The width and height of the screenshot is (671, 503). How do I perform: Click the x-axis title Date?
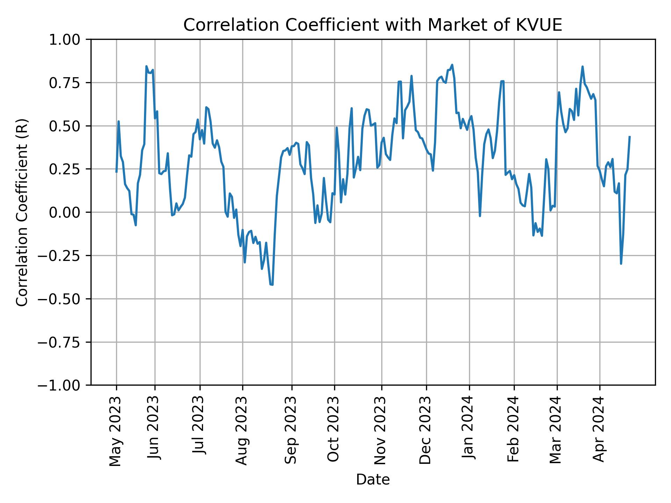(373, 480)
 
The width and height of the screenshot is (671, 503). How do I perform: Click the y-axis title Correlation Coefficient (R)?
(22, 212)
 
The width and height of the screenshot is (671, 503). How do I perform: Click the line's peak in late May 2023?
(146, 66)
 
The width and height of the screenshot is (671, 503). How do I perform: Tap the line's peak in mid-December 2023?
(452, 65)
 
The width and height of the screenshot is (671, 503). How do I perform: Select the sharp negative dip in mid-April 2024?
(621, 264)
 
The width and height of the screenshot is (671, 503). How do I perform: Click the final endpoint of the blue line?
(629, 137)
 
